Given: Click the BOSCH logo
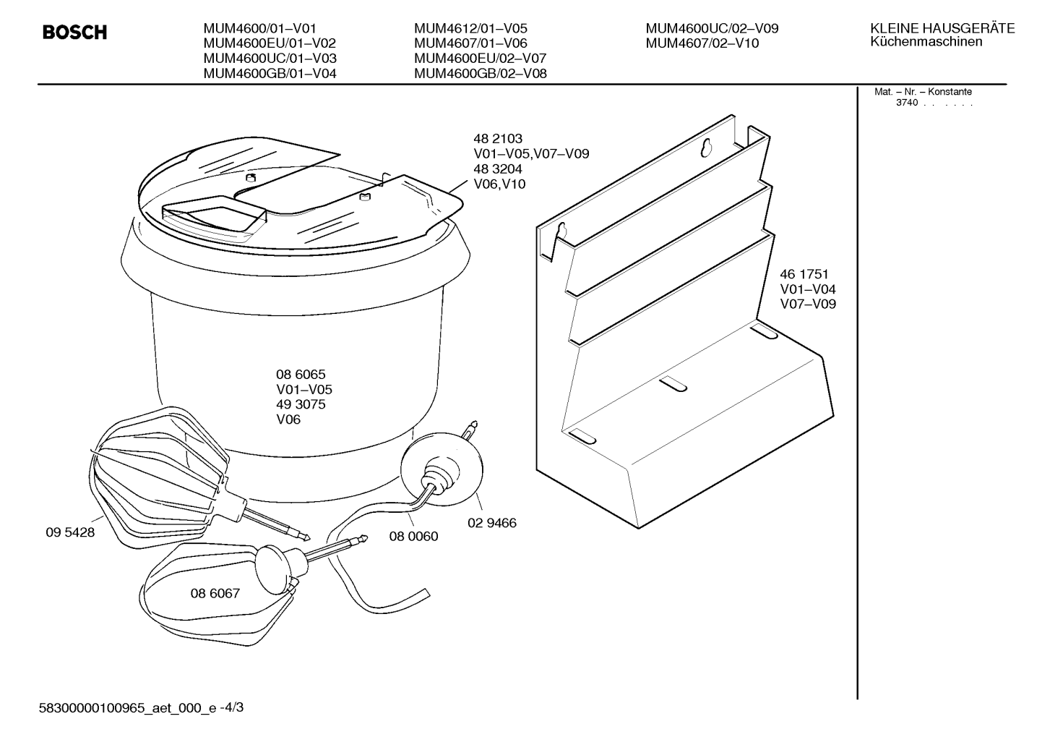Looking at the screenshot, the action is [x=75, y=32].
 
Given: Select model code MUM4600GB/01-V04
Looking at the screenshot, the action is [x=270, y=74].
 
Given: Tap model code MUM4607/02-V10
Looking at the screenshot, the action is [x=702, y=43].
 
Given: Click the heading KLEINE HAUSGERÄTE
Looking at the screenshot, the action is [x=942, y=28].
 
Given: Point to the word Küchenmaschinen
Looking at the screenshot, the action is [x=926, y=41].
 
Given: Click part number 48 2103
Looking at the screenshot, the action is [x=498, y=139].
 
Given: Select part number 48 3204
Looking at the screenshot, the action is [x=498, y=169].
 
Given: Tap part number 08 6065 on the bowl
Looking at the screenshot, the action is [x=301, y=375].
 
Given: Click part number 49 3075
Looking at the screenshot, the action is [x=301, y=404].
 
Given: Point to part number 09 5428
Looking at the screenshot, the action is [x=70, y=532].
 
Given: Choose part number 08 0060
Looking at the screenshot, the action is [x=413, y=537].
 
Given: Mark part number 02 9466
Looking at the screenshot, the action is [x=492, y=523].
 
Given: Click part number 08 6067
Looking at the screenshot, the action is [x=215, y=593].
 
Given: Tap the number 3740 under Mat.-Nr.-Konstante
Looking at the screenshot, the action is [x=907, y=103].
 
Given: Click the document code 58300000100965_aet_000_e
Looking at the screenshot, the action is [x=127, y=708].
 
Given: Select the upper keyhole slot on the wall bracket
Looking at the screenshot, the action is [x=707, y=148].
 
